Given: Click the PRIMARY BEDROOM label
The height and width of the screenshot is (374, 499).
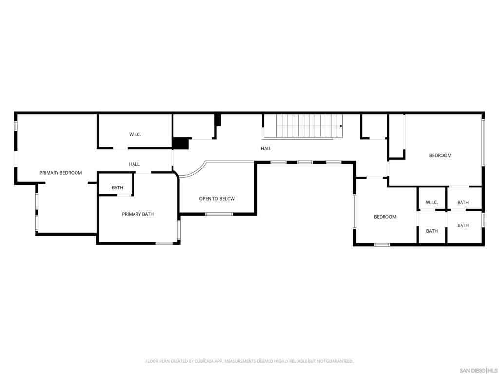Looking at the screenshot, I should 60,173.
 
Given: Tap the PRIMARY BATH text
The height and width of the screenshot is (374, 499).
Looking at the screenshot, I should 137,214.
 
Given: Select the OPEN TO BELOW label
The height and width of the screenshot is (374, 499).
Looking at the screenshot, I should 217,199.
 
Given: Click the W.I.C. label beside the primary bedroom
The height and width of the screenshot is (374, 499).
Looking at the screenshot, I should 135,134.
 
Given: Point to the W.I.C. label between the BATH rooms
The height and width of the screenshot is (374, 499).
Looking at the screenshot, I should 432,202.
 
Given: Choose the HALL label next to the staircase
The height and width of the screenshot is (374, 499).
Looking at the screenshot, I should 266,149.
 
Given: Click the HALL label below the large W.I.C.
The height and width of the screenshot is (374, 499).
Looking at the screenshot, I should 134,164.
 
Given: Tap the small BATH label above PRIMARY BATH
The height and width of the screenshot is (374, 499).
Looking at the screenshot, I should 117,188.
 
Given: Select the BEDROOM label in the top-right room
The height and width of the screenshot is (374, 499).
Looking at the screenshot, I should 440,155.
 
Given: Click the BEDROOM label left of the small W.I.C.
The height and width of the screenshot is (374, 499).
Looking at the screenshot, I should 385,217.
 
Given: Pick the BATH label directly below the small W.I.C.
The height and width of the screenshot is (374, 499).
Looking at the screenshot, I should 432,231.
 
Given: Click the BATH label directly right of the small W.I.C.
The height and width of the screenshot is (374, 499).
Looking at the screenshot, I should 463,202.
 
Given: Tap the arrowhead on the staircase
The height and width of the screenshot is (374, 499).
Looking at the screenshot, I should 341,126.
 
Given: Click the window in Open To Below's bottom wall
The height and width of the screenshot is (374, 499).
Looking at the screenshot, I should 219,214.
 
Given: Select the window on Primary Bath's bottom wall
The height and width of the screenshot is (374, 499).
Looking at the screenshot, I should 165,243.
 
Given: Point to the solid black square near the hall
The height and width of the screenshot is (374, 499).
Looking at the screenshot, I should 181,143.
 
